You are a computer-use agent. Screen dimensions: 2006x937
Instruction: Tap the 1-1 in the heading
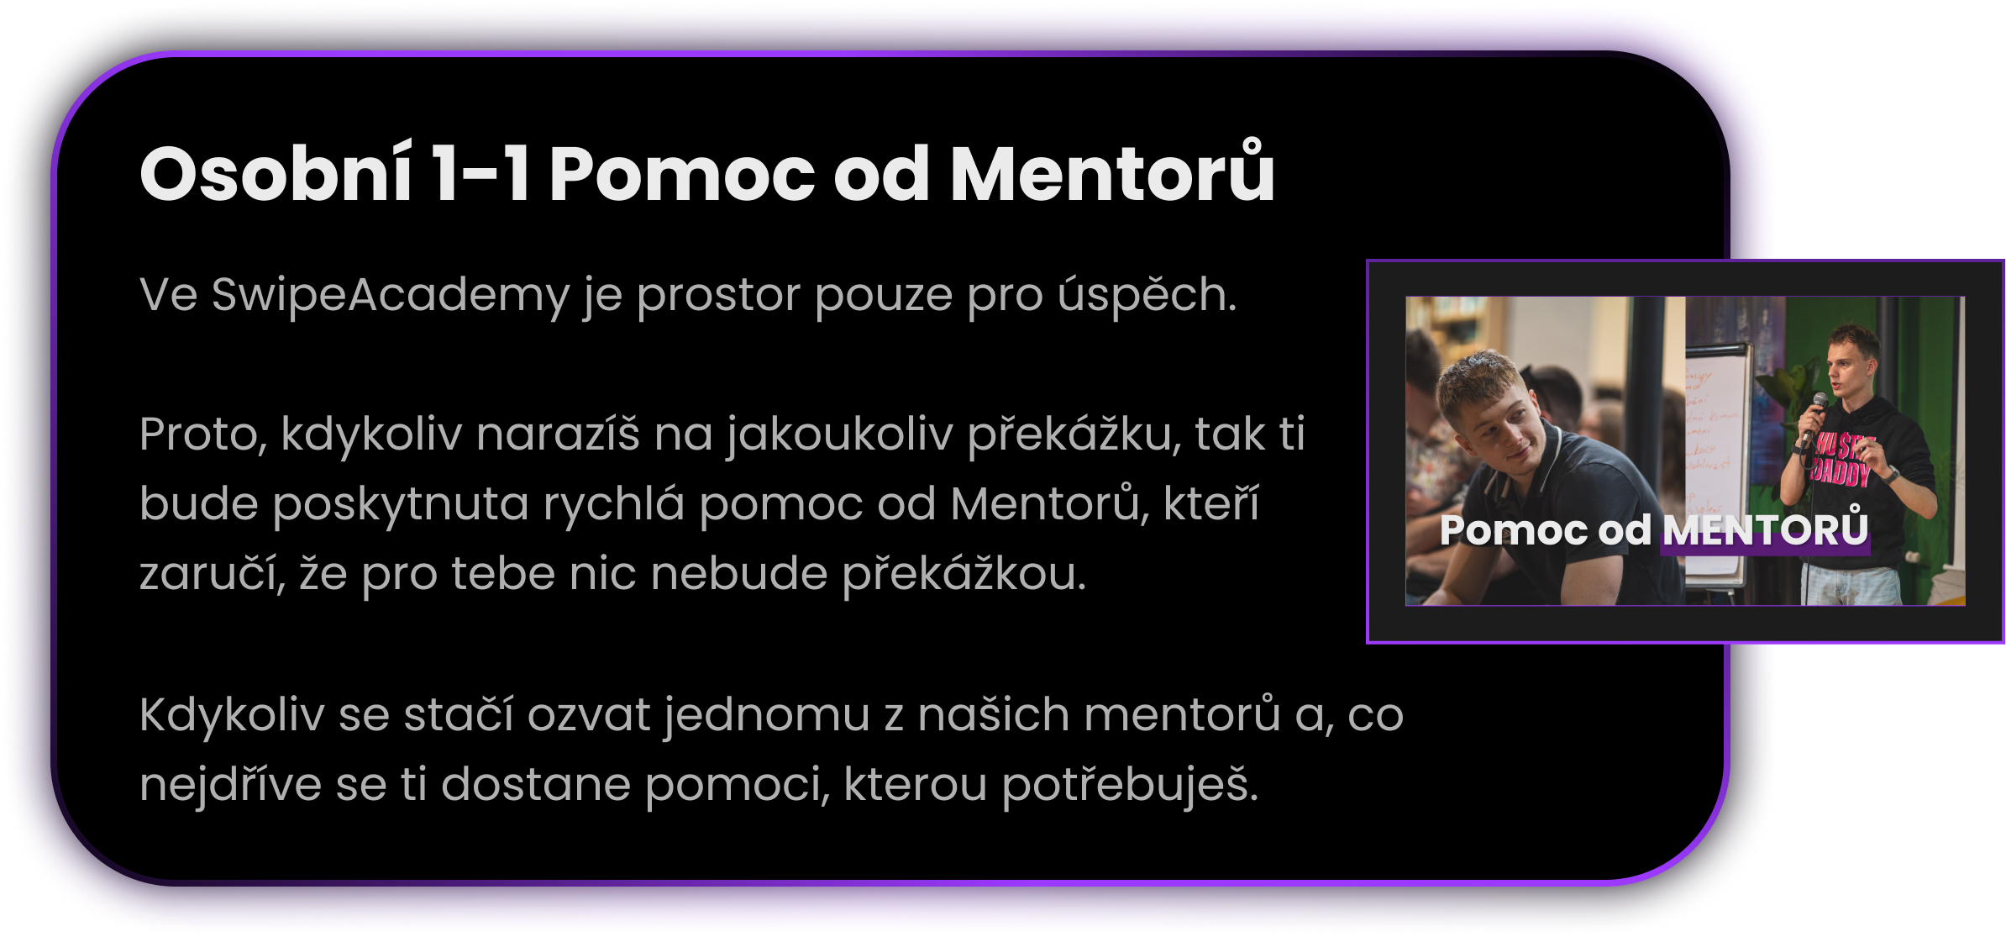click(x=480, y=175)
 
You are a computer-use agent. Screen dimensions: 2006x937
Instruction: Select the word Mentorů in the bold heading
click(x=1112, y=171)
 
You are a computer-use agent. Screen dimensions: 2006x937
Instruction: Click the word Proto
click(x=202, y=435)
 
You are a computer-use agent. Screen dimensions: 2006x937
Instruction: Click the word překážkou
click(x=964, y=574)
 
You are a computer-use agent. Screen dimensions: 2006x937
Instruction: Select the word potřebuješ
click(x=1130, y=785)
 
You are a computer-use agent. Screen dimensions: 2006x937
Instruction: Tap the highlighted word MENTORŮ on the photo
click(x=1765, y=529)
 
